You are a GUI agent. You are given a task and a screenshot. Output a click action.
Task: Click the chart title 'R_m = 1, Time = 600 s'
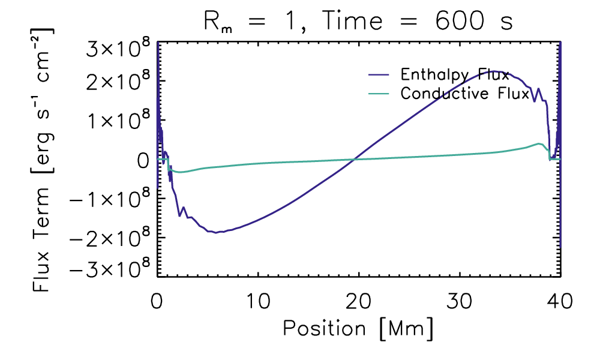click(358, 22)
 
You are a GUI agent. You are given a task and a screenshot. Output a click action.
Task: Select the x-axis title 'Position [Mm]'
click(358, 328)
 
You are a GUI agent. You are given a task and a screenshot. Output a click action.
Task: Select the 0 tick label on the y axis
click(142, 160)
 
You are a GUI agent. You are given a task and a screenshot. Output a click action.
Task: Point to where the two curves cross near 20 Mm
click(355, 159)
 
